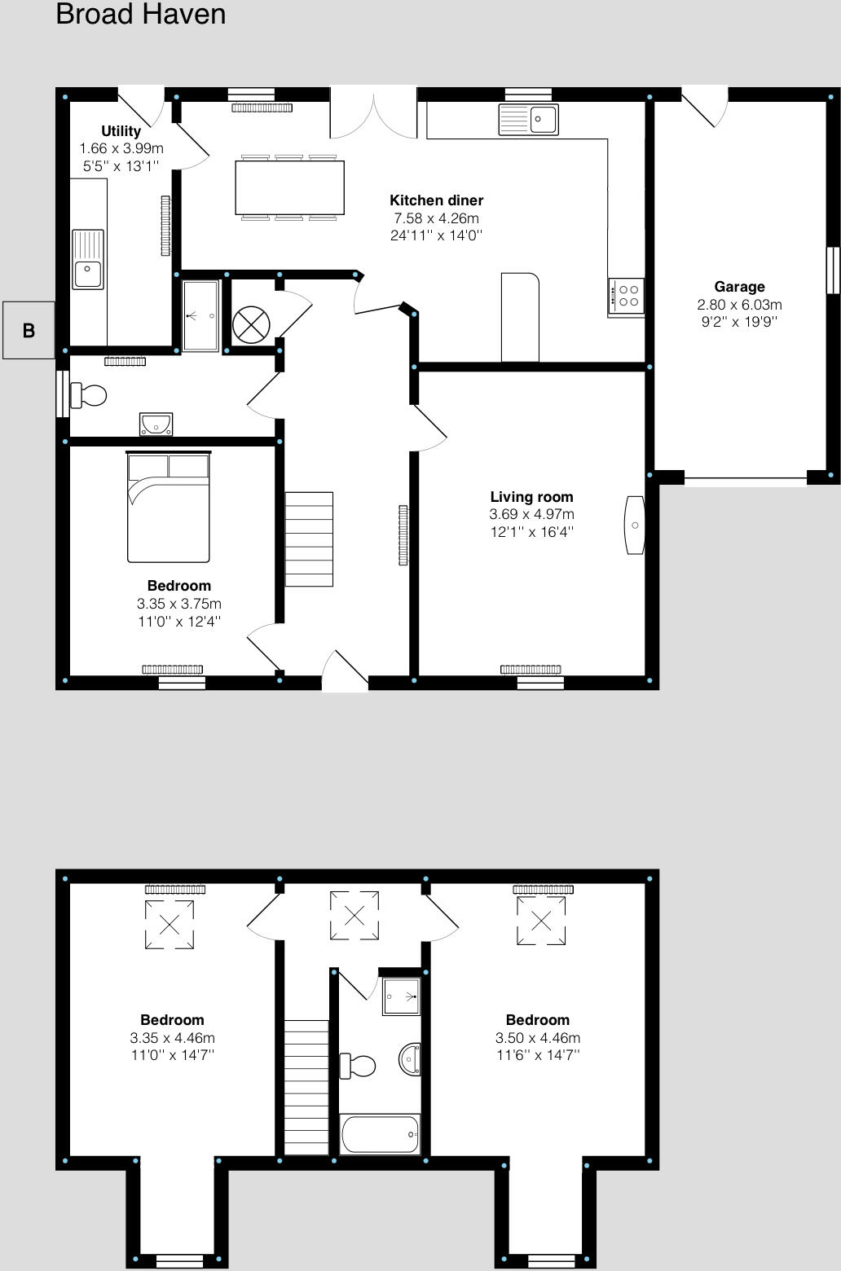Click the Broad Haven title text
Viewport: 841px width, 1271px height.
click(x=140, y=15)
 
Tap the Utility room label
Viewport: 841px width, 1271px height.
click(x=121, y=131)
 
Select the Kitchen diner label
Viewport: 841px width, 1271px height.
click(x=436, y=200)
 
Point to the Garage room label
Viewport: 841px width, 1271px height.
click(x=739, y=287)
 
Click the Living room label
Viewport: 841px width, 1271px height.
click(x=531, y=497)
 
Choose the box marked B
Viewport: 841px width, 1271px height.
click(x=29, y=330)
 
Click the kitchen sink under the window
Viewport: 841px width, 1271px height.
click(x=529, y=120)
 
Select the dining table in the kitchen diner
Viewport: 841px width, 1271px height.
click(x=289, y=187)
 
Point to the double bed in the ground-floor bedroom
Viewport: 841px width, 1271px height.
click(x=169, y=507)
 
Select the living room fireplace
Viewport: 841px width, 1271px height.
click(x=635, y=526)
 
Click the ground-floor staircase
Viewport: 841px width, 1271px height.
click(x=309, y=539)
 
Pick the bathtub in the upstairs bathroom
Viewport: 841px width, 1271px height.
click(x=380, y=1134)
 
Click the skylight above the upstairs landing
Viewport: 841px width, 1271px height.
click(x=354, y=915)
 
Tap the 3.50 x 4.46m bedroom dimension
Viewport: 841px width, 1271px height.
click(x=538, y=1038)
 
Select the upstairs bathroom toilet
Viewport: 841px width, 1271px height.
click(x=358, y=1065)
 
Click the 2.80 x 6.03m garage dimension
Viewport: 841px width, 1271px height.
click(x=739, y=305)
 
